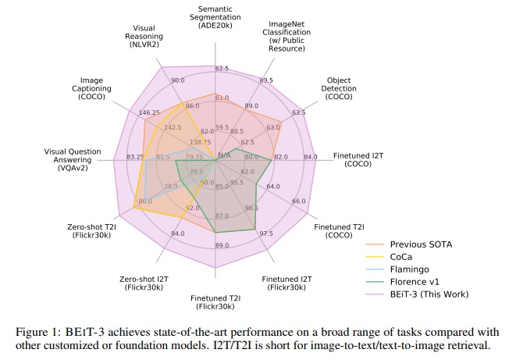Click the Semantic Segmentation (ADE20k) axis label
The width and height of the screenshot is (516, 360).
(219, 16)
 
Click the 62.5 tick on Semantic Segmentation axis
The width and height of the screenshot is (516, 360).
(221, 69)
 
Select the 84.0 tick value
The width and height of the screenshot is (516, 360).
(310, 158)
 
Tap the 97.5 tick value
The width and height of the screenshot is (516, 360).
(265, 233)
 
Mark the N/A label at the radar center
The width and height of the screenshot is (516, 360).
(224, 155)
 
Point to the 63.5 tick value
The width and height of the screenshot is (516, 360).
(298, 113)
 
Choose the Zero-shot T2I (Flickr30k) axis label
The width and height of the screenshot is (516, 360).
(94, 232)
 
